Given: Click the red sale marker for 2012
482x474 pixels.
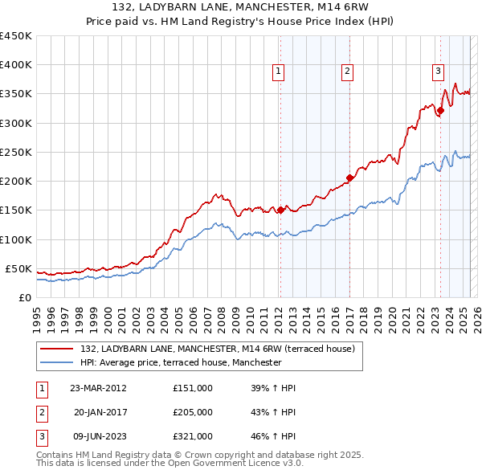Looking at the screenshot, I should pyautogui.click(x=280, y=210).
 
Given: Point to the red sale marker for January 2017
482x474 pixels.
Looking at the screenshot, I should pyautogui.click(x=349, y=178).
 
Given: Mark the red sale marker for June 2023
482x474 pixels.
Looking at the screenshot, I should pyautogui.click(x=439, y=111).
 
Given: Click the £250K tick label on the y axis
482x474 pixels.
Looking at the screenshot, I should pyautogui.click(x=15, y=152).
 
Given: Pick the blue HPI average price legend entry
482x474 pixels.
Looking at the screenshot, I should pyautogui.click(x=180, y=362).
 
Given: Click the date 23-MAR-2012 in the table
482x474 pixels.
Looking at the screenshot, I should pyautogui.click(x=98, y=388).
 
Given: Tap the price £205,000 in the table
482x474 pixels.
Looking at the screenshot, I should pyautogui.click(x=192, y=412).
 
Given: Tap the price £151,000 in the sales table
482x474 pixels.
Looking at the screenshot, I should pyautogui.click(x=192, y=388).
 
